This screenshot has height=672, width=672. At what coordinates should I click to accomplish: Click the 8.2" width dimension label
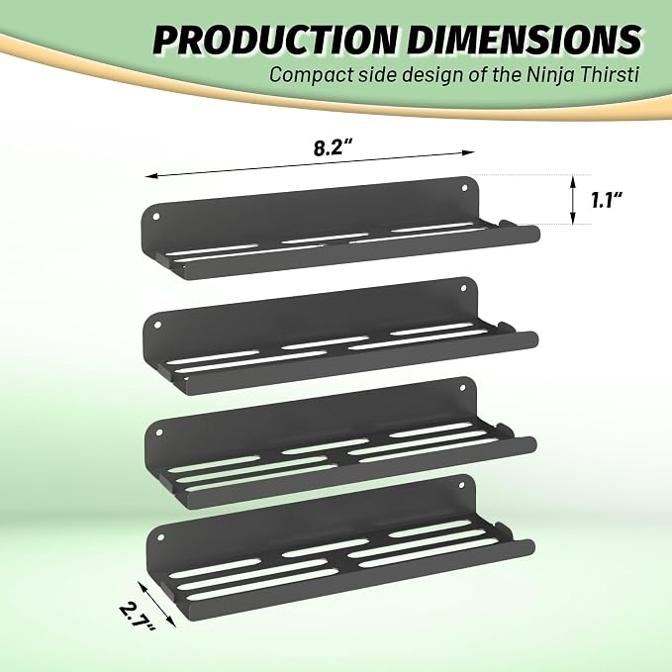(333, 147)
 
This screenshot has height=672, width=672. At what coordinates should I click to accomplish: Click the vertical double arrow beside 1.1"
(573, 200)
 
